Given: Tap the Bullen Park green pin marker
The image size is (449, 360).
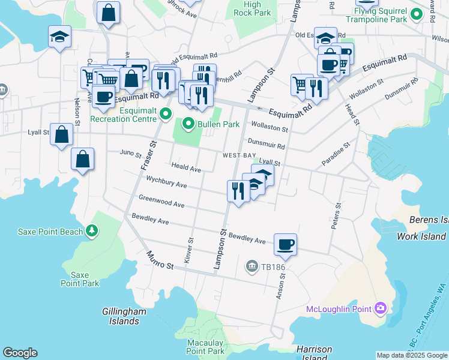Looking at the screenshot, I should (188, 124).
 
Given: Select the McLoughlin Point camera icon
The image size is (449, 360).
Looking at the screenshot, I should (380, 309).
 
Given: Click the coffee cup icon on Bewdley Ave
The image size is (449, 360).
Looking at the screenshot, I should (285, 245).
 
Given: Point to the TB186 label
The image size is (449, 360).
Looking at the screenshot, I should (268, 266).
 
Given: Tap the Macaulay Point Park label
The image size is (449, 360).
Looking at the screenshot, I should (205, 346).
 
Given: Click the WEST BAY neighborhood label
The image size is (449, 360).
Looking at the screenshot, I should (240, 155).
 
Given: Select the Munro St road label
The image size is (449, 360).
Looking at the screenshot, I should (160, 260).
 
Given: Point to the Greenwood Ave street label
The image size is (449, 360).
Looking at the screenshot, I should (161, 200).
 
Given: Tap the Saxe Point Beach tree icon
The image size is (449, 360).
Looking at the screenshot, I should (92, 230).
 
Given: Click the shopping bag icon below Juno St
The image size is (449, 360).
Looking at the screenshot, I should (83, 160).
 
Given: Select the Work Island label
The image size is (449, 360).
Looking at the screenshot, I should (423, 236).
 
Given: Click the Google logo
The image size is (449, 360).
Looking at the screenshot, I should (19, 353).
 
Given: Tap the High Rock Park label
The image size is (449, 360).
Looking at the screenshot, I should (252, 8).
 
